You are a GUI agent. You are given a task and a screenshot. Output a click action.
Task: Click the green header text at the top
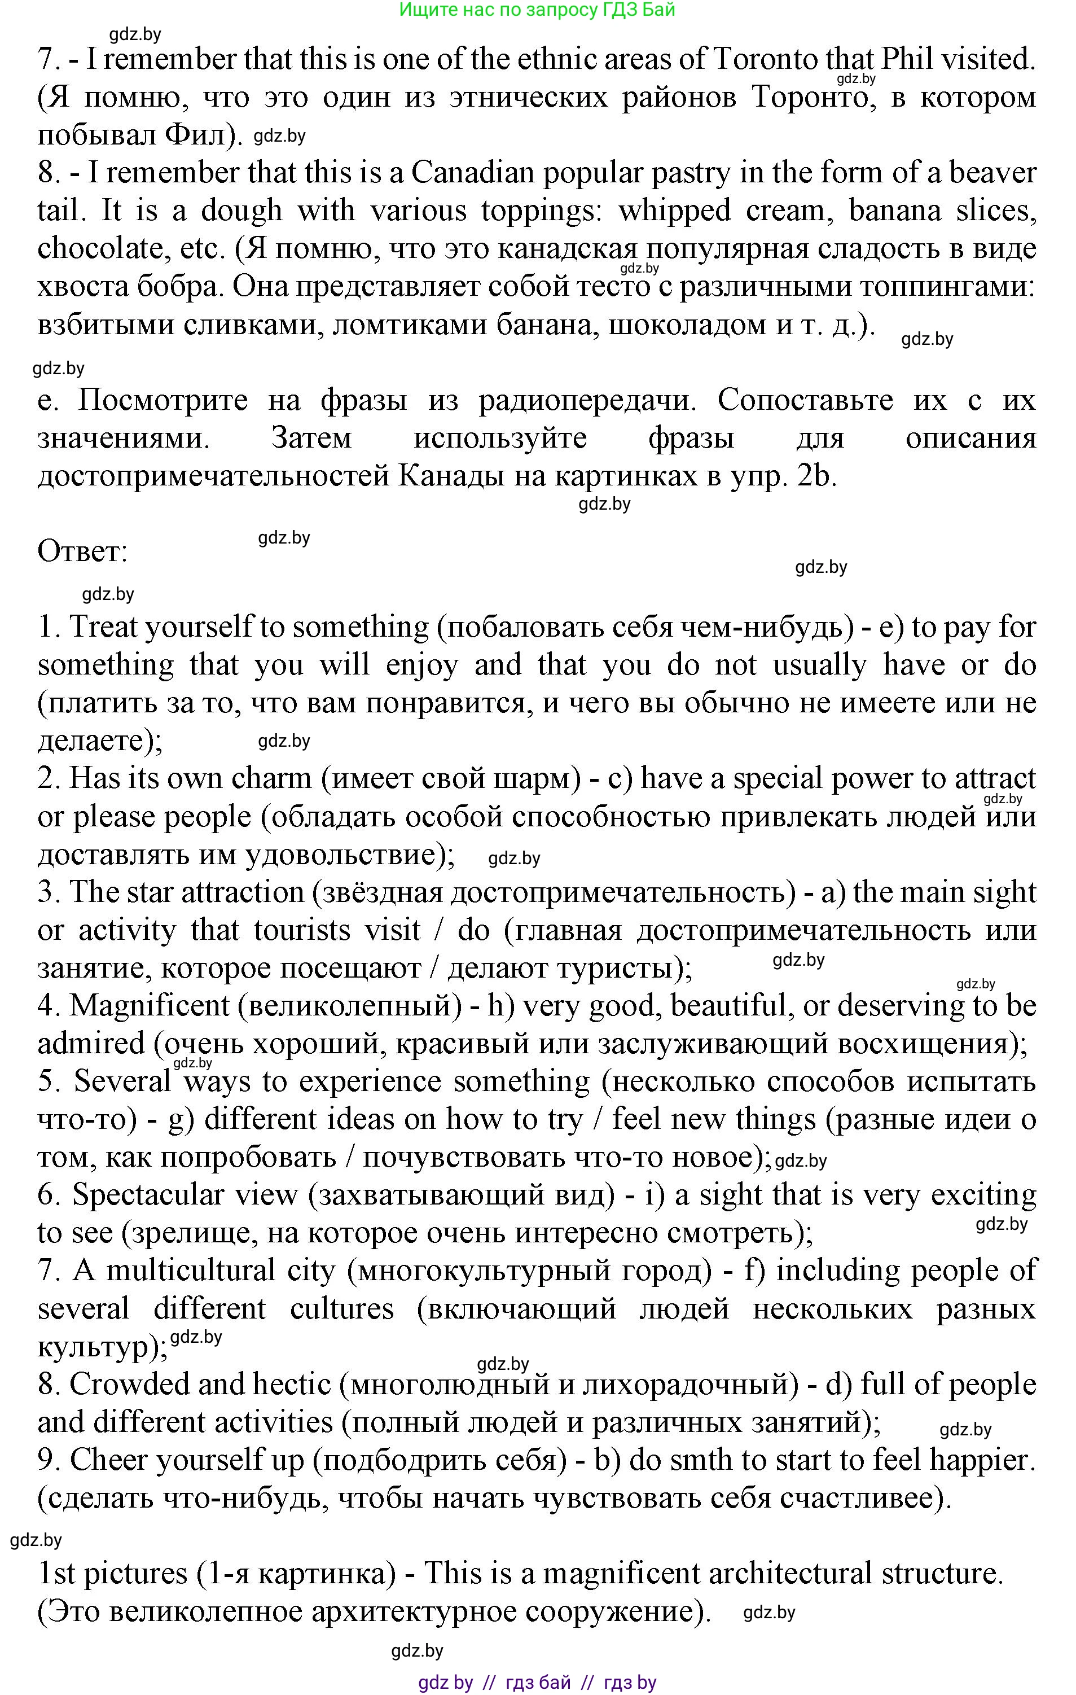coord(537,10)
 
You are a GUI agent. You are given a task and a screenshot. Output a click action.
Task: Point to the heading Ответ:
coord(82,551)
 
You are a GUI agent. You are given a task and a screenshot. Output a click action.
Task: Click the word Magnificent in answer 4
coord(149,1006)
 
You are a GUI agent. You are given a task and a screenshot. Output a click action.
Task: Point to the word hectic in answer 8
coord(291,1385)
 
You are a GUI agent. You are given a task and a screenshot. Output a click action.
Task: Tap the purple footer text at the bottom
coord(537,1683)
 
